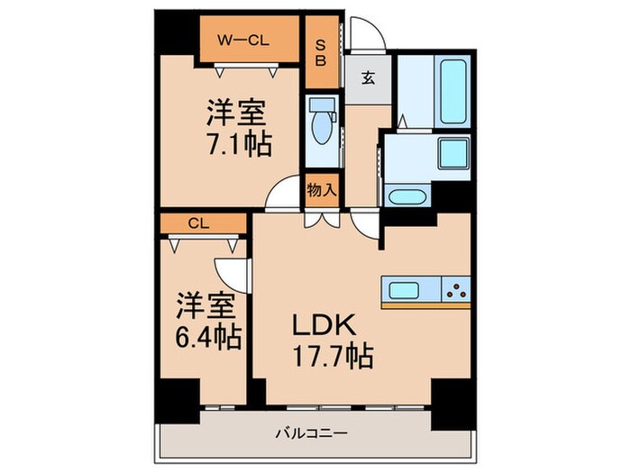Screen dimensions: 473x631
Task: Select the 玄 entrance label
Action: coord(369,77)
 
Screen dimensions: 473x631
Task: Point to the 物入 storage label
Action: coord(321,190)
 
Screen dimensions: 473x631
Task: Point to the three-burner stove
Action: coord(456,290)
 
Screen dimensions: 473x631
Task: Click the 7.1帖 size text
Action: coord(239,143)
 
